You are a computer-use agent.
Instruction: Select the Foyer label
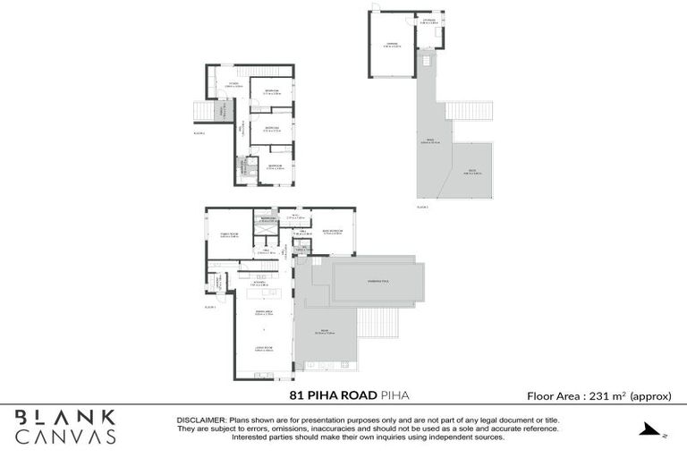click(x=234, y=85)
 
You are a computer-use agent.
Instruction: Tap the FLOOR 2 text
click(x=199, y=133)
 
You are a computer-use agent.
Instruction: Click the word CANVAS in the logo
click(x=65, y=437)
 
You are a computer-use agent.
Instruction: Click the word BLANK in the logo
click(x=65, y=416)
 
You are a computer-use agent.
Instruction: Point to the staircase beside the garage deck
click(x=463, y=111)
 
